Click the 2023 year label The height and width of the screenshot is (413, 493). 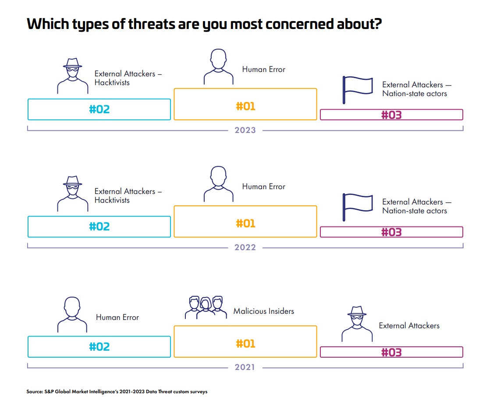(x=245, y=130)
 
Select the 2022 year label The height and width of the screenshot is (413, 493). (x=245, y=248)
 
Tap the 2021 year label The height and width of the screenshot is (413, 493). (x=245, y=367)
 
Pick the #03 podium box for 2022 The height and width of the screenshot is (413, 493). (x=391, y=232)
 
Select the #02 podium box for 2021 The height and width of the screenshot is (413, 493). (x=99, y=347)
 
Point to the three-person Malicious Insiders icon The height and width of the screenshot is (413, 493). (x=206, y=307)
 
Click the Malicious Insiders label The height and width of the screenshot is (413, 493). (x=263, y=311)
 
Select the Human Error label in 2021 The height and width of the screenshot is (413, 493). (x=117, y=317)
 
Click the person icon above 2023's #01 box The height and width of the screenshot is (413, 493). (x=218, y=67)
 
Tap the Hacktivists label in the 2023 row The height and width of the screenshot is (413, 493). (x=128, y=78)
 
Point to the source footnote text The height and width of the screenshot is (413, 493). (x=117, y=392)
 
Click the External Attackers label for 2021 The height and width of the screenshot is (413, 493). (x=409, y=326)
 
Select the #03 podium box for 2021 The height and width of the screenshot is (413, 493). (x=391, y=352)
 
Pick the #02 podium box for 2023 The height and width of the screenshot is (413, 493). (x=99, y=109)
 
